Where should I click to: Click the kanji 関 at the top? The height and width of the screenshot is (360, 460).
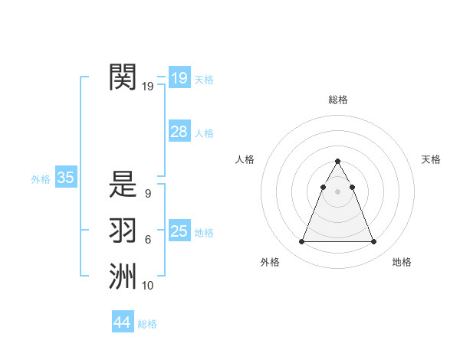[123, 77]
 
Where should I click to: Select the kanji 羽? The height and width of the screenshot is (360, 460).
[123, 231]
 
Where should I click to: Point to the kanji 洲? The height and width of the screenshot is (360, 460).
[123, 277]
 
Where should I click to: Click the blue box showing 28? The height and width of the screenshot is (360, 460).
[179, 132]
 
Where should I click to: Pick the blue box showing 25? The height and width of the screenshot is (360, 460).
[179, 231]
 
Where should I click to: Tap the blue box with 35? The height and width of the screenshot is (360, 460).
[65, 178]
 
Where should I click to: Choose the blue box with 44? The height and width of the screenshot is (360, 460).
[122, 322]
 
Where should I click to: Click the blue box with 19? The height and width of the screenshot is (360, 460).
[179, 78]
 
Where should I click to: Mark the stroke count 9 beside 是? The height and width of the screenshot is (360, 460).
[147, 194]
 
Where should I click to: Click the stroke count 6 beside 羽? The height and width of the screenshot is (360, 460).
[147, 240]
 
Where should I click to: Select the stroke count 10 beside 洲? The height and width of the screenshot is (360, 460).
[147, 286]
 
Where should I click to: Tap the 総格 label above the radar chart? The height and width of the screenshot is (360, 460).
[337, 100]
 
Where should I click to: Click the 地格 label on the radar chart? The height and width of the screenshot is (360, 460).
[402, 263]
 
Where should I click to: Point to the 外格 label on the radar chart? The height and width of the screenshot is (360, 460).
[270, 263]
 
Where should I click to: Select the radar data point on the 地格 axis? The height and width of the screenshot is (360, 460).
[374, 242]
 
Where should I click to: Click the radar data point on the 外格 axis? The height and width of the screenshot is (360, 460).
[301, 242]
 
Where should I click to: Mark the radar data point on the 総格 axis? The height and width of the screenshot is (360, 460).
[337, 162]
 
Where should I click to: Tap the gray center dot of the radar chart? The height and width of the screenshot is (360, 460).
[337, 191]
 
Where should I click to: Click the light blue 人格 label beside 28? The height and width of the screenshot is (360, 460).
[204, 133]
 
